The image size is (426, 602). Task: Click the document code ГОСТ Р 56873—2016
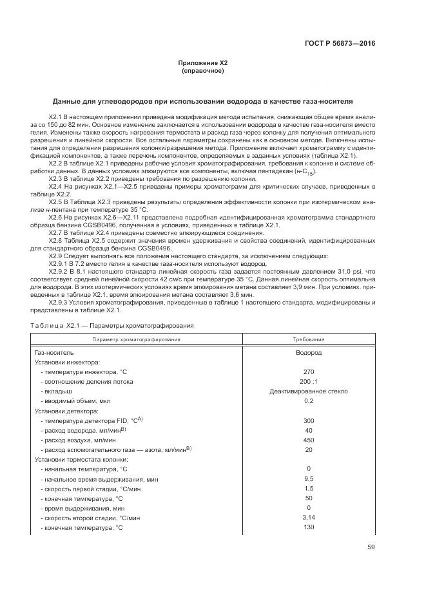339,44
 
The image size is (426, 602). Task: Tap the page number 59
371,547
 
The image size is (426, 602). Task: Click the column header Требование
308,339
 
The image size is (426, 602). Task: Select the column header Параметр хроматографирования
136,339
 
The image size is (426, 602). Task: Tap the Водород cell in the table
308,353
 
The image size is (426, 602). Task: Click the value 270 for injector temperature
308,372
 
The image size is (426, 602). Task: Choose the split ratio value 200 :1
308,381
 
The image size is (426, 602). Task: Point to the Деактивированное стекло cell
308,391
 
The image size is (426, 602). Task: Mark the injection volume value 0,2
308,400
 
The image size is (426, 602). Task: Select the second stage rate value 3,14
308,517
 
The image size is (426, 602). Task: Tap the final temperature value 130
308,527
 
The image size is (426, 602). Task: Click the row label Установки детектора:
66,410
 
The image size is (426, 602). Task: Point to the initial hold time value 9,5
308,478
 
